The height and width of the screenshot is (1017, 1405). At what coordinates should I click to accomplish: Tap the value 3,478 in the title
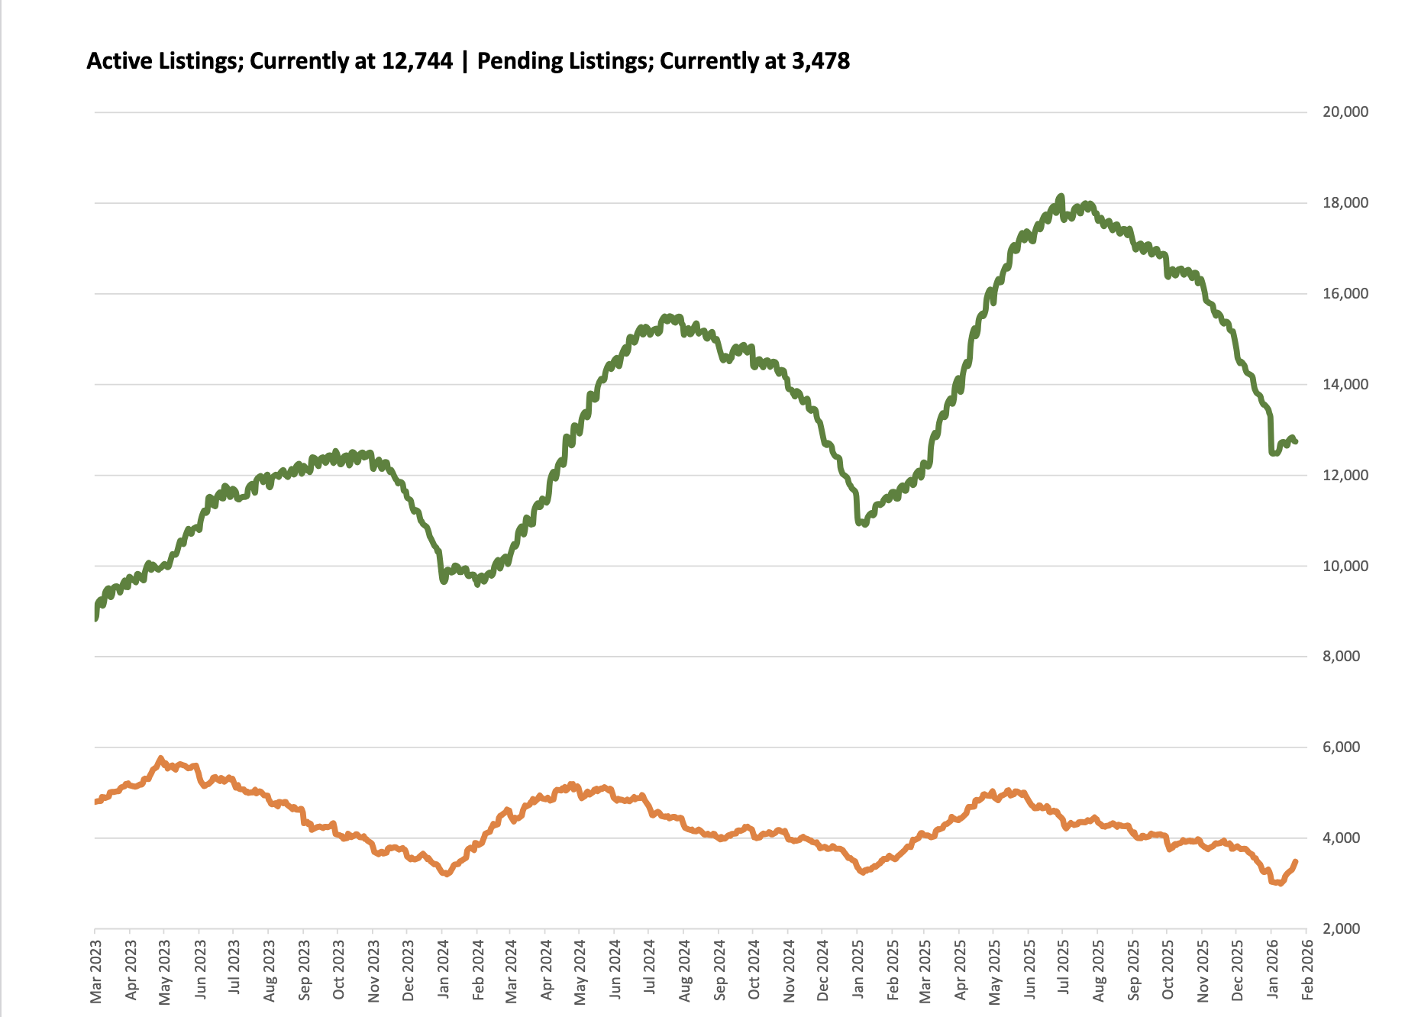click(821, 61)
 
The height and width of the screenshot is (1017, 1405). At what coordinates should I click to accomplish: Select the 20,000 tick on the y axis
click(1345, 112)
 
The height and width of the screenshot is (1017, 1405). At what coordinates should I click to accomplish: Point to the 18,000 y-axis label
click(1345, 203)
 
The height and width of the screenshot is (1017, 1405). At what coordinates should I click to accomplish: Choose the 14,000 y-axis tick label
click(1345, 385)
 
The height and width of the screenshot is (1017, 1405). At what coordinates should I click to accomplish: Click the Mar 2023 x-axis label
click(96, 970)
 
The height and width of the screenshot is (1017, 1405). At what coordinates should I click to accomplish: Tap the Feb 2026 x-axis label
click(1307, 970)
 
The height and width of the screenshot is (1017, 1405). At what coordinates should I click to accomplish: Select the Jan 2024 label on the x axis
click(443, 970)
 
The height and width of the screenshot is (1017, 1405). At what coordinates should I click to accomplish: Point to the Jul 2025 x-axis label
click(1064, 970)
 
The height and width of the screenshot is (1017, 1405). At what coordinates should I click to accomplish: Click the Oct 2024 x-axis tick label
click(754, 970)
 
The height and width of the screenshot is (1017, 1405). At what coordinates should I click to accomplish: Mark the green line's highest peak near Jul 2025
click(1061, 196)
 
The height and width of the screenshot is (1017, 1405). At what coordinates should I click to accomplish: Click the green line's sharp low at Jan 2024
click(444, 581)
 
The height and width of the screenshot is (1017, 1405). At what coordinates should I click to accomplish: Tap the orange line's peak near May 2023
click(160, 757)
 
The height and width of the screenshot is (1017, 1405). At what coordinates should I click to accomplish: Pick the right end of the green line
click(1296, 441)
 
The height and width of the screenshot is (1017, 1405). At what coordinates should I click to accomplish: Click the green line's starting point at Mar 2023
click(95, 618)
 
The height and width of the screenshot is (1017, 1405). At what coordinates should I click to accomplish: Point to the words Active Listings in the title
click(163, 61)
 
